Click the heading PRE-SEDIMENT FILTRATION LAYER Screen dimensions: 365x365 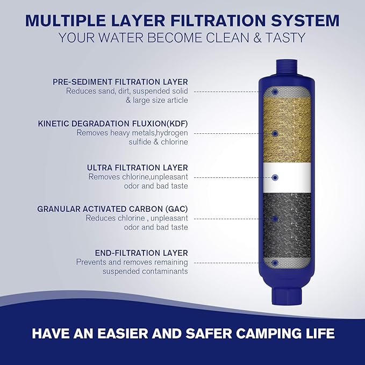point(120,82)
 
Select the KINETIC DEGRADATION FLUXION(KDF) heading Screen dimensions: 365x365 point(113,123)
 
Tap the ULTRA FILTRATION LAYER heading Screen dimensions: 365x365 point(137,167)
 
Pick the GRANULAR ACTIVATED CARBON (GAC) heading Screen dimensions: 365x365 point(112,209)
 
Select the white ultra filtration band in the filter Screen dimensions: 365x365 point(275,177)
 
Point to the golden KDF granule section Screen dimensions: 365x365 point(275,129)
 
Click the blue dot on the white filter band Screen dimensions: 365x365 point(275,177)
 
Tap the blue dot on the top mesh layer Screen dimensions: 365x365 point(275,92)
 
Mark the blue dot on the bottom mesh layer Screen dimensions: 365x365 point(275,263)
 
